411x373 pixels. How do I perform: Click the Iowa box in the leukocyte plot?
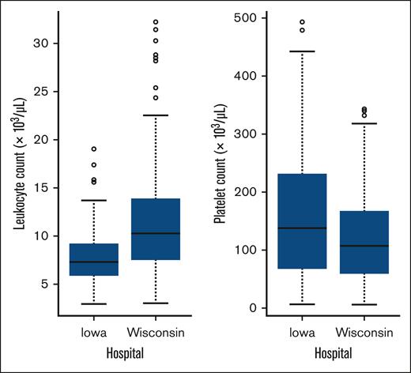click(x=94, y=259)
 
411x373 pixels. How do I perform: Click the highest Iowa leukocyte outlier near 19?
click(x=94, y=149)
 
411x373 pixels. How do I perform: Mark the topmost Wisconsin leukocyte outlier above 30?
click(x=155, y=22)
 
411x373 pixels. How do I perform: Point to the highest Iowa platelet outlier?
click(x=302, y=22)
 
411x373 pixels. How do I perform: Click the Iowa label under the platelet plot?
click(x=302, y=333)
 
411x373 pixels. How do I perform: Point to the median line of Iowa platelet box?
click(x=302, y=228)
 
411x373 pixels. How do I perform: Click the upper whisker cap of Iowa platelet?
click(x=302, y=51)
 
